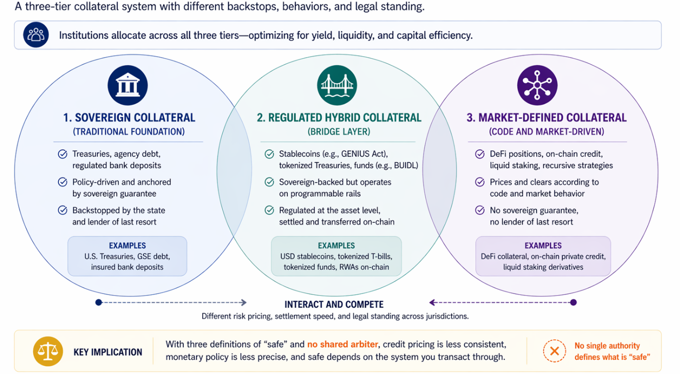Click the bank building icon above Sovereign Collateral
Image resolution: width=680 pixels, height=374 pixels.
coord(128,86)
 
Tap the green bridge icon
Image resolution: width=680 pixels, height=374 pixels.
coord(337,86)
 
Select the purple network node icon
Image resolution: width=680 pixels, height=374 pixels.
coord(537,86)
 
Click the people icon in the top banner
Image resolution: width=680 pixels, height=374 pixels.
coord(36,35)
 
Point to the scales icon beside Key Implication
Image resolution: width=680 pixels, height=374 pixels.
coord(48,352)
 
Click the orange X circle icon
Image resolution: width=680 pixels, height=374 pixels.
coord(554,352)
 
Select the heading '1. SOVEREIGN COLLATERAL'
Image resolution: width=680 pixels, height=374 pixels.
coord(129,118)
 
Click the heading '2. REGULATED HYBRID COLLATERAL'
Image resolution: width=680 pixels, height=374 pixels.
coord(339,118)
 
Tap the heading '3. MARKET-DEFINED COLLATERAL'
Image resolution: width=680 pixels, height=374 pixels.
coord(546,118)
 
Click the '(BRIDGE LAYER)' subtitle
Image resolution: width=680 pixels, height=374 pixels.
coord(339,132)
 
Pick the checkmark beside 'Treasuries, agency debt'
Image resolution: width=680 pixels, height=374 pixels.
coord(62,154)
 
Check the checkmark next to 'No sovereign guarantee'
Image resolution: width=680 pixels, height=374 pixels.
coord(480,210)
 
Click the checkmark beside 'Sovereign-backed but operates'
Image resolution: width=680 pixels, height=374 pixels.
coord(269,182)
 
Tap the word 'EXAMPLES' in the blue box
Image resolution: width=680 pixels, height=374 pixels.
coord(127,246)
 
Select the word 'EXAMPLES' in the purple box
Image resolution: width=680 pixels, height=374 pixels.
coord(543,246)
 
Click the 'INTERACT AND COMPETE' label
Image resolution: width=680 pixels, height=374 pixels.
coord(334,305)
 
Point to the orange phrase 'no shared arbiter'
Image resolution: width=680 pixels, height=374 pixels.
coord(343,344)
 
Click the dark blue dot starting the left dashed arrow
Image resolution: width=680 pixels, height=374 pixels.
coord(99,303)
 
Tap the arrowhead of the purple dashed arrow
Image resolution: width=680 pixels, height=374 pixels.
coord(433,303)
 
